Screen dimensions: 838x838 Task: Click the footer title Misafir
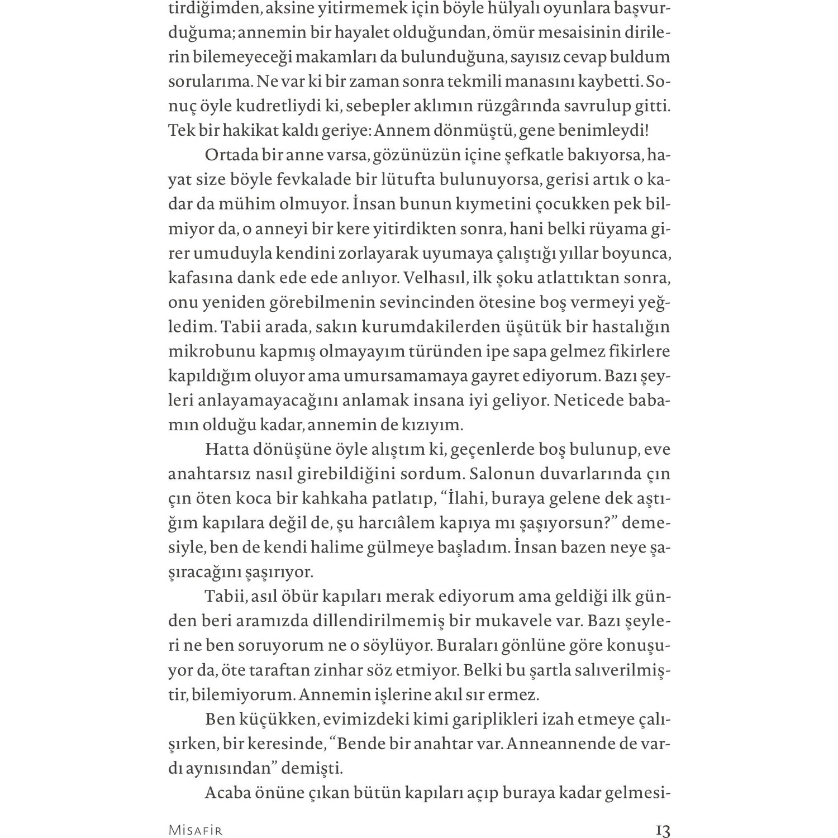pos(195,830)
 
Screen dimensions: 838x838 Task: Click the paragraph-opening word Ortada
pos(231,155)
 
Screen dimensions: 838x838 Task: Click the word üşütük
pos(519,326)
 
